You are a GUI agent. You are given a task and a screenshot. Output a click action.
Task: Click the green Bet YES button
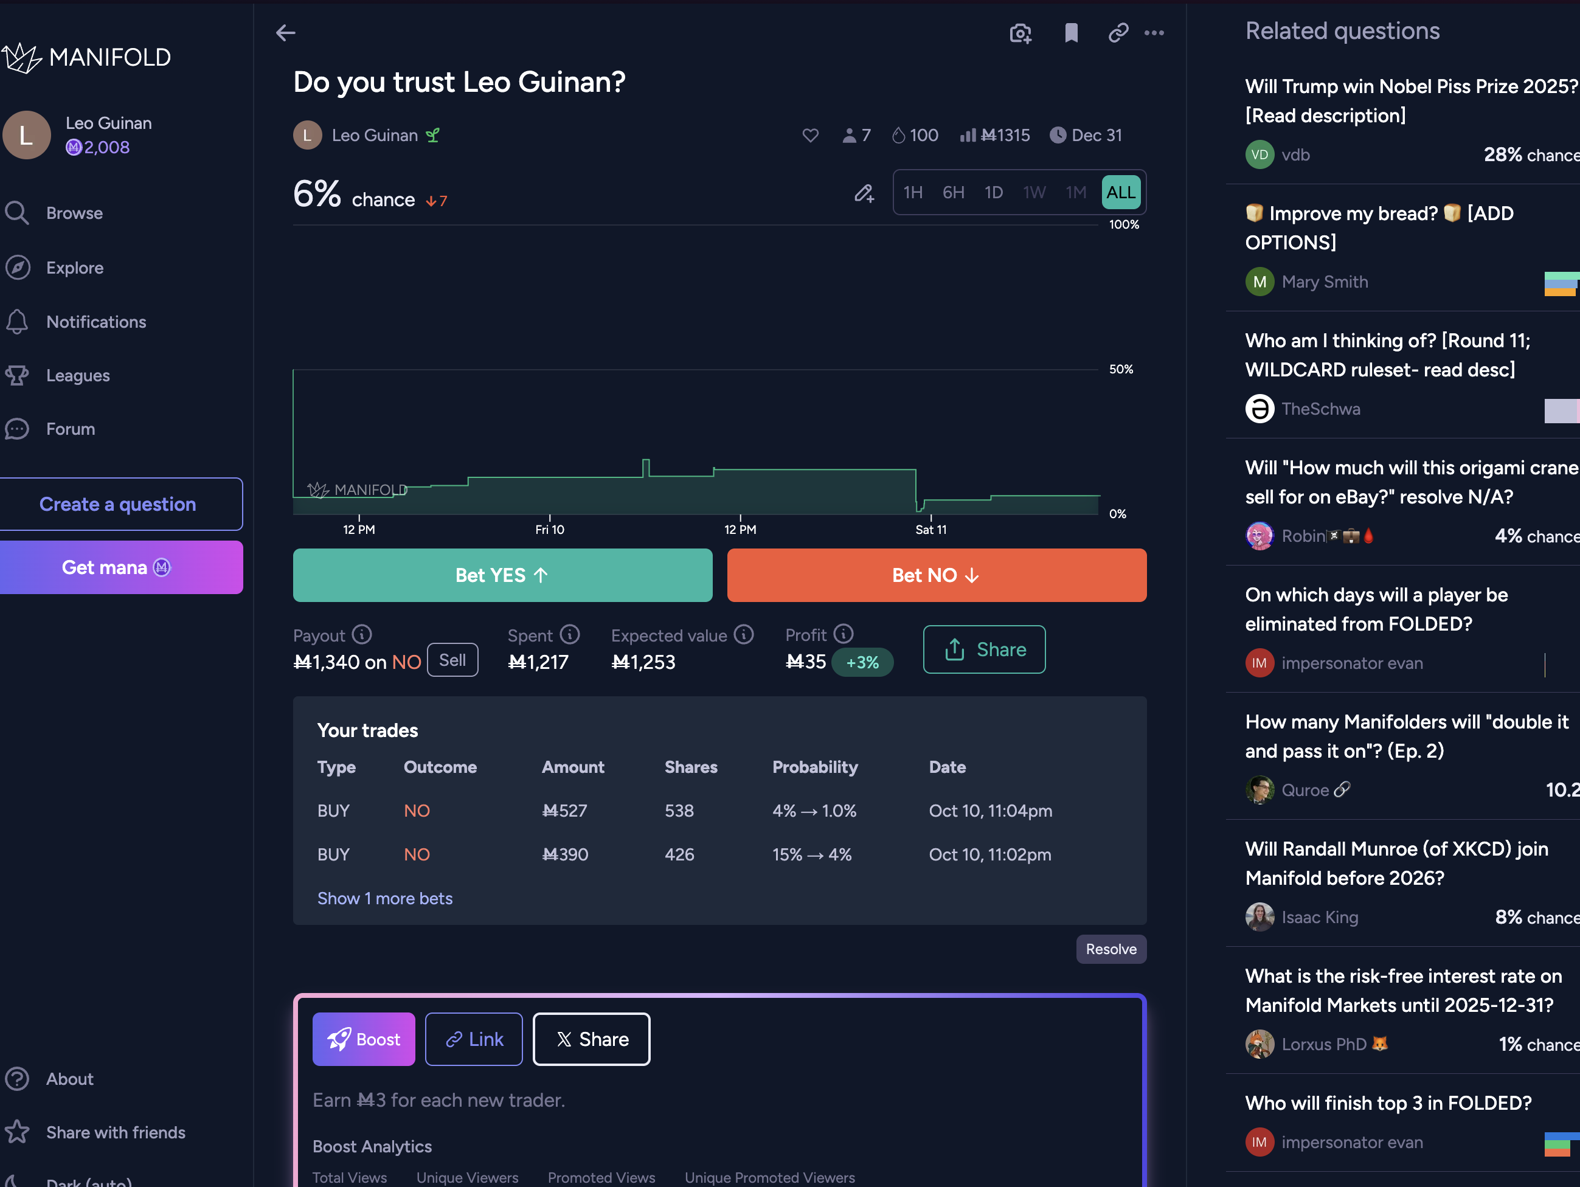click(502, 575)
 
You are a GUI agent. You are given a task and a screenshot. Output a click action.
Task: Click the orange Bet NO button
click(936, 575)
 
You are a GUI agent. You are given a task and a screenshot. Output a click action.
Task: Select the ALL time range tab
click(1120, 192)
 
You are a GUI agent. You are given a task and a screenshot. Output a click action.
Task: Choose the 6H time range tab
click(953, 192)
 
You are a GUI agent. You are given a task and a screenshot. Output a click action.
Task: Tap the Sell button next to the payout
click(452, 660)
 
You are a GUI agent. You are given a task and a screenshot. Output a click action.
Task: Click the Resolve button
click(1111, 949)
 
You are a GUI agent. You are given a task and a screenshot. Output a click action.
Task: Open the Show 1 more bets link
click(384, 899)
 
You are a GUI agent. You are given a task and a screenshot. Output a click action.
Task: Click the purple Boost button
click(364, 1039)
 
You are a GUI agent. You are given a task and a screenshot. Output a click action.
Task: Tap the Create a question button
click(118, 504)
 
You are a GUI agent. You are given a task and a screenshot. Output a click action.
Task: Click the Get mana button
click(118, 568)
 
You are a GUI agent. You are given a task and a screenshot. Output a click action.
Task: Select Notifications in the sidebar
click(95, 322)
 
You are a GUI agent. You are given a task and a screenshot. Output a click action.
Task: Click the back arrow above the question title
click(286, 33)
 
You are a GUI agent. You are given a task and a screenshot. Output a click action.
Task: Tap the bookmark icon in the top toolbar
click(1071, 33)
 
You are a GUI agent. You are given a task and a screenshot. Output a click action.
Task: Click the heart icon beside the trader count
click(810, 135)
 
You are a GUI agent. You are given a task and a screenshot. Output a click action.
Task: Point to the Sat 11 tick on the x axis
click(930, 529)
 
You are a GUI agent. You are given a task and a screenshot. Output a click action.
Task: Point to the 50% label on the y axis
click(1121, 369)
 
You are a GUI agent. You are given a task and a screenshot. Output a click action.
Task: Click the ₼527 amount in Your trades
click(564, 811)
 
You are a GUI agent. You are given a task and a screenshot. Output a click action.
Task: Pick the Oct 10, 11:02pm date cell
click(989, 855)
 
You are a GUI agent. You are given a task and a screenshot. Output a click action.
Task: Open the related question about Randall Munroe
click(1396, 863)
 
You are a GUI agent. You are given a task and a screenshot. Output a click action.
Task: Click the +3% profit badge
click(862, 662)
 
